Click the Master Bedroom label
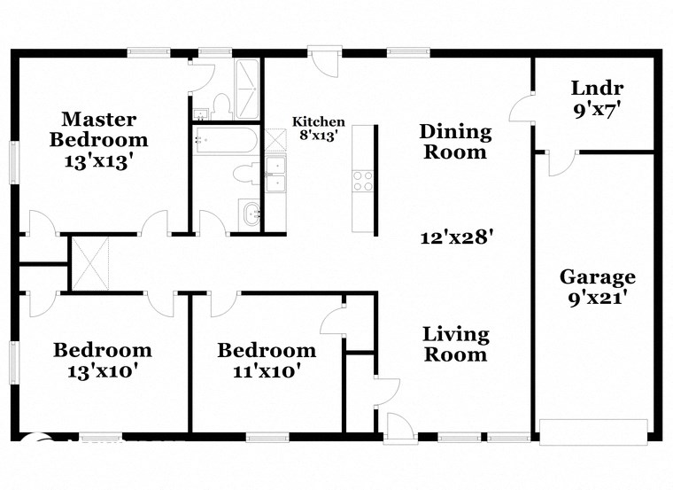[x=98, y=129]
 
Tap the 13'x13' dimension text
[x=98, y=161]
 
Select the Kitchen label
[x=319, y=122]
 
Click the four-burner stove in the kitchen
[x=363, y=181]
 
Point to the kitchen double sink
[x=275, y=174]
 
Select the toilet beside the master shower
[x=222, y=105]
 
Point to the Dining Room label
[x=454, y=142]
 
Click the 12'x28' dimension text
[x=456, y=237]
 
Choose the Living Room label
[x=455, y=345]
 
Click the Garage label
[x=597, y=277]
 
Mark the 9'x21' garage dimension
[x=597, y=299]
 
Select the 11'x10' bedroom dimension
[x=267, y=371]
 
